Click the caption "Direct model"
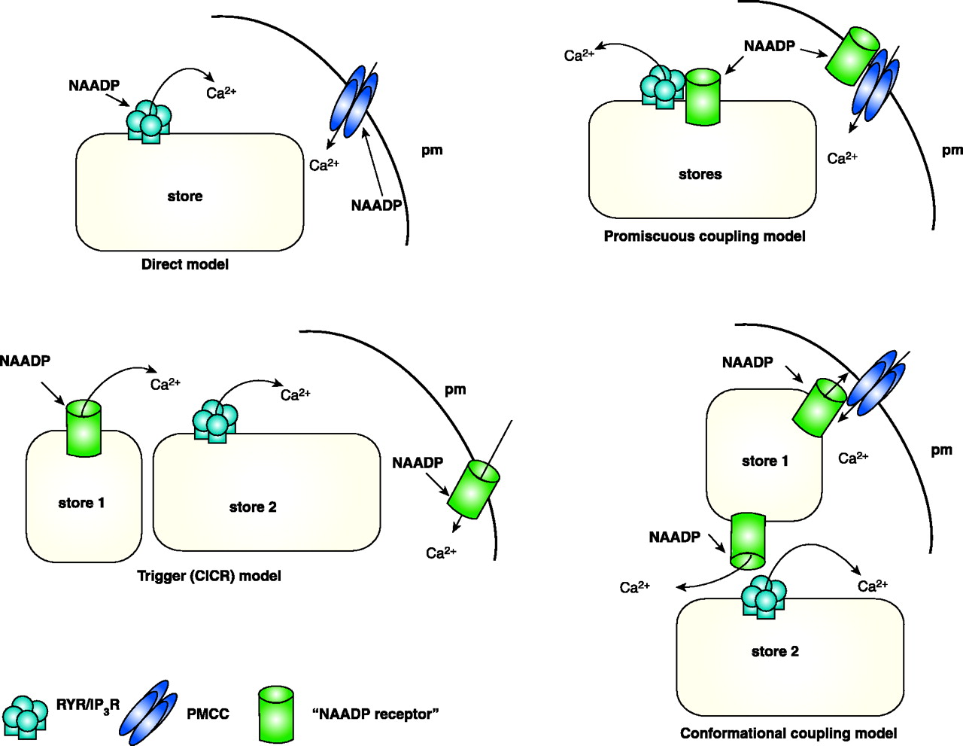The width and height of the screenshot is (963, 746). (x=184, y=264)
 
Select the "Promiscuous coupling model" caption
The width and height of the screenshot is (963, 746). (x=704, y=236)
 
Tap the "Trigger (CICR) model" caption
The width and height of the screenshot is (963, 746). (x=209, y=576)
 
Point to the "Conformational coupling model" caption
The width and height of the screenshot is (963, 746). (x=788, y=733)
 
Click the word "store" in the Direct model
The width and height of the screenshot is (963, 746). (x=185, y=196)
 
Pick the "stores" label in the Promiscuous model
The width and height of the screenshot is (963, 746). (x=700, y=175)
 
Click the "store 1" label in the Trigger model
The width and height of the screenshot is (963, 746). (x=81, y=503)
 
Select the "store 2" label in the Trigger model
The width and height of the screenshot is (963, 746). (x=253, y=507)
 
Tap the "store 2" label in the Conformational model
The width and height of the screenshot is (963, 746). (x=775, y=652)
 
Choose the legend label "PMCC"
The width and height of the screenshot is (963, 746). (x=208, y=714)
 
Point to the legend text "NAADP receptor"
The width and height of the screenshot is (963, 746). (x=375, y=714)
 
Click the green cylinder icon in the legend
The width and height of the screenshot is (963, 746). (x=276, y=714)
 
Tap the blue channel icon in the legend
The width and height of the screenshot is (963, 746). (x=149, y=712)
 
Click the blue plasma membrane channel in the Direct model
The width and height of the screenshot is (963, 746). (x=354, y=101)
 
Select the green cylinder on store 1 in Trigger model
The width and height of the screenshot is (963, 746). (x=84, y=428)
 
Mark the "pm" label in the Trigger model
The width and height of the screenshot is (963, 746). (x=455, y=390)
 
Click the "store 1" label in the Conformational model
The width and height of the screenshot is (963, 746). (x=765, y=461)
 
